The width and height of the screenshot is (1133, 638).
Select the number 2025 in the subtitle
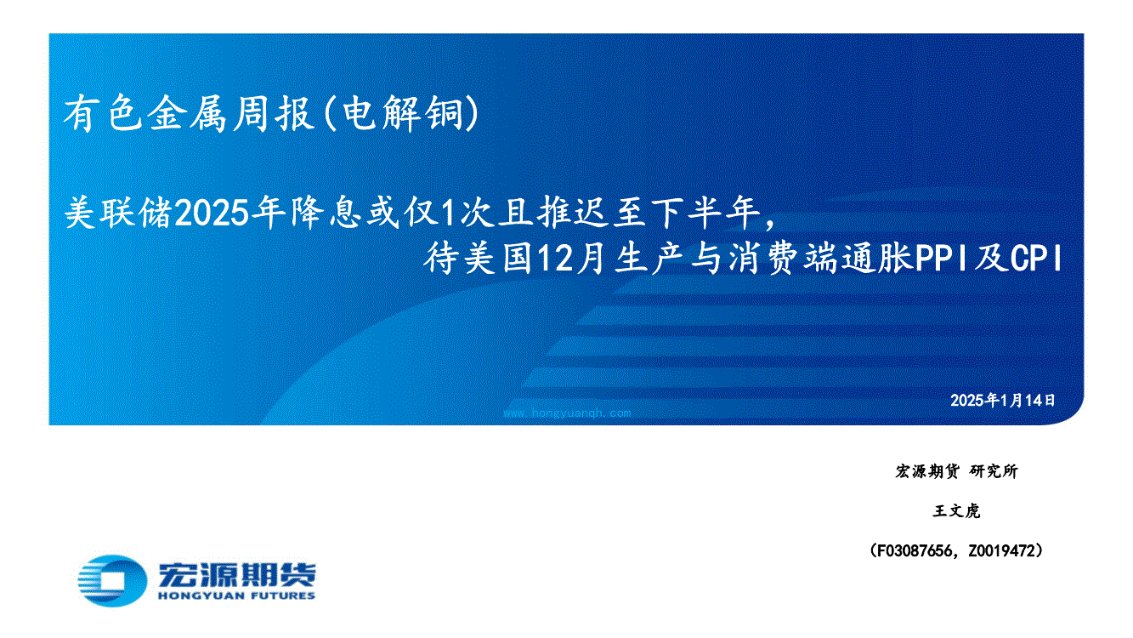point(212,214)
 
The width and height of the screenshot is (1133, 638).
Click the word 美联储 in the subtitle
point(118,214)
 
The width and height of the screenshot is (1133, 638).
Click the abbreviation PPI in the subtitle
point(942,259)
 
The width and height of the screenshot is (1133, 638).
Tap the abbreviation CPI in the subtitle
point(1036,259)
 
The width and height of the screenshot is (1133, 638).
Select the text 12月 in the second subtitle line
point(571,259)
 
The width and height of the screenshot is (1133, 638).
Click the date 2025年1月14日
point(1002,401)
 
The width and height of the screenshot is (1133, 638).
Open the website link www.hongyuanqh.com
point(567,413)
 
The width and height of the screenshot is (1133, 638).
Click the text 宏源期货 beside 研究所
point(927,471)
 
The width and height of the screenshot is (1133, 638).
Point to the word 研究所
point(994,471)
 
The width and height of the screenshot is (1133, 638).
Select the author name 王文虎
point(956,511)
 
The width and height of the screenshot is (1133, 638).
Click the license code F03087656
point(913,550)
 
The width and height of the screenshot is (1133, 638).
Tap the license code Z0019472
point(1002,550)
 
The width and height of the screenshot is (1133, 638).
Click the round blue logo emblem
point(112,581)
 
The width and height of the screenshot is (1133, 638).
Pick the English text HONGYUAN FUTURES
point(237,596)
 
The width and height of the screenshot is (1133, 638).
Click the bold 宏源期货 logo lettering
point(237,574)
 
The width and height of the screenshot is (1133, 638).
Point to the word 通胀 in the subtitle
point(876,259)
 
